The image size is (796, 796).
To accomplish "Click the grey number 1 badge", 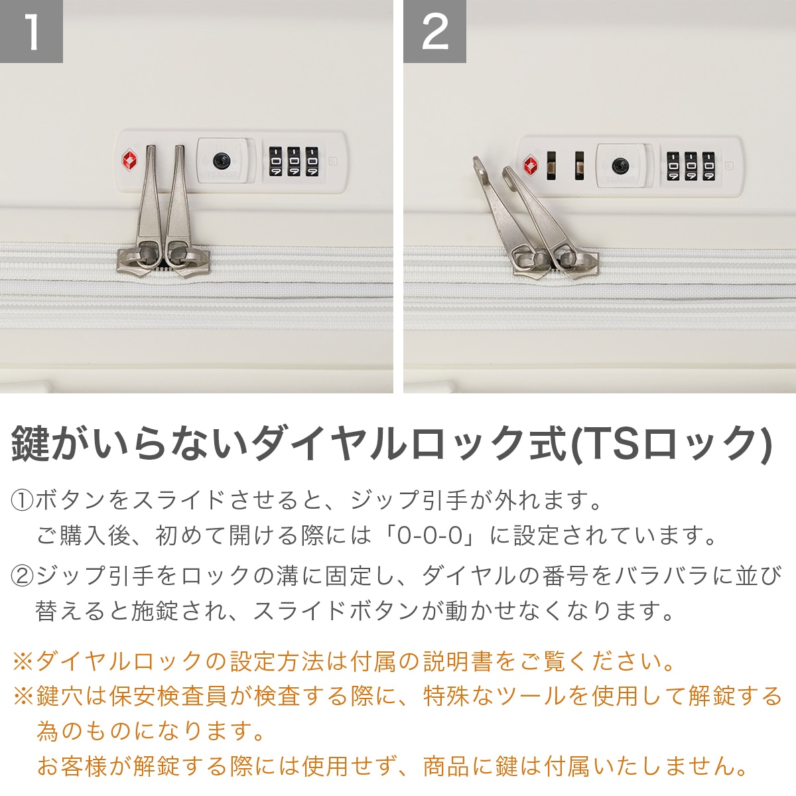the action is click(31, 31).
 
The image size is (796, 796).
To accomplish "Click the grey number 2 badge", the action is click(434, 31).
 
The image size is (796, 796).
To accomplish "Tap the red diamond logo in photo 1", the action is click(129, 159).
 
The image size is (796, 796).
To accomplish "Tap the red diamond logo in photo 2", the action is click(531, 165).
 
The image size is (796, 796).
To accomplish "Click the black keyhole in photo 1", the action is click(222, 161).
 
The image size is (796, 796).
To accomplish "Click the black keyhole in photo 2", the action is click(620, 166).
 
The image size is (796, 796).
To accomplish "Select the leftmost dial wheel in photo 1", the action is click(275, 161).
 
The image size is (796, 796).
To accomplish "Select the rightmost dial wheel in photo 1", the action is click(312, 161).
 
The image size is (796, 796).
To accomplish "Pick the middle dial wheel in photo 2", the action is click(691, 166).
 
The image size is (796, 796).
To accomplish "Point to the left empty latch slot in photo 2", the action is click(551, 166).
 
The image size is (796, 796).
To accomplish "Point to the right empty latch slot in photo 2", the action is click(580, 166).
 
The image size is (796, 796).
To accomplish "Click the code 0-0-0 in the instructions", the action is click(429, 535).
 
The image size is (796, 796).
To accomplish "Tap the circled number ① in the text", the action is click(22, 500).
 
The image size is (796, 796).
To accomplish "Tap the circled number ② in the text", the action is click(22, 575).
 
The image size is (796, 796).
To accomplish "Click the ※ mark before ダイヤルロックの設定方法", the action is click(23, 661).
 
